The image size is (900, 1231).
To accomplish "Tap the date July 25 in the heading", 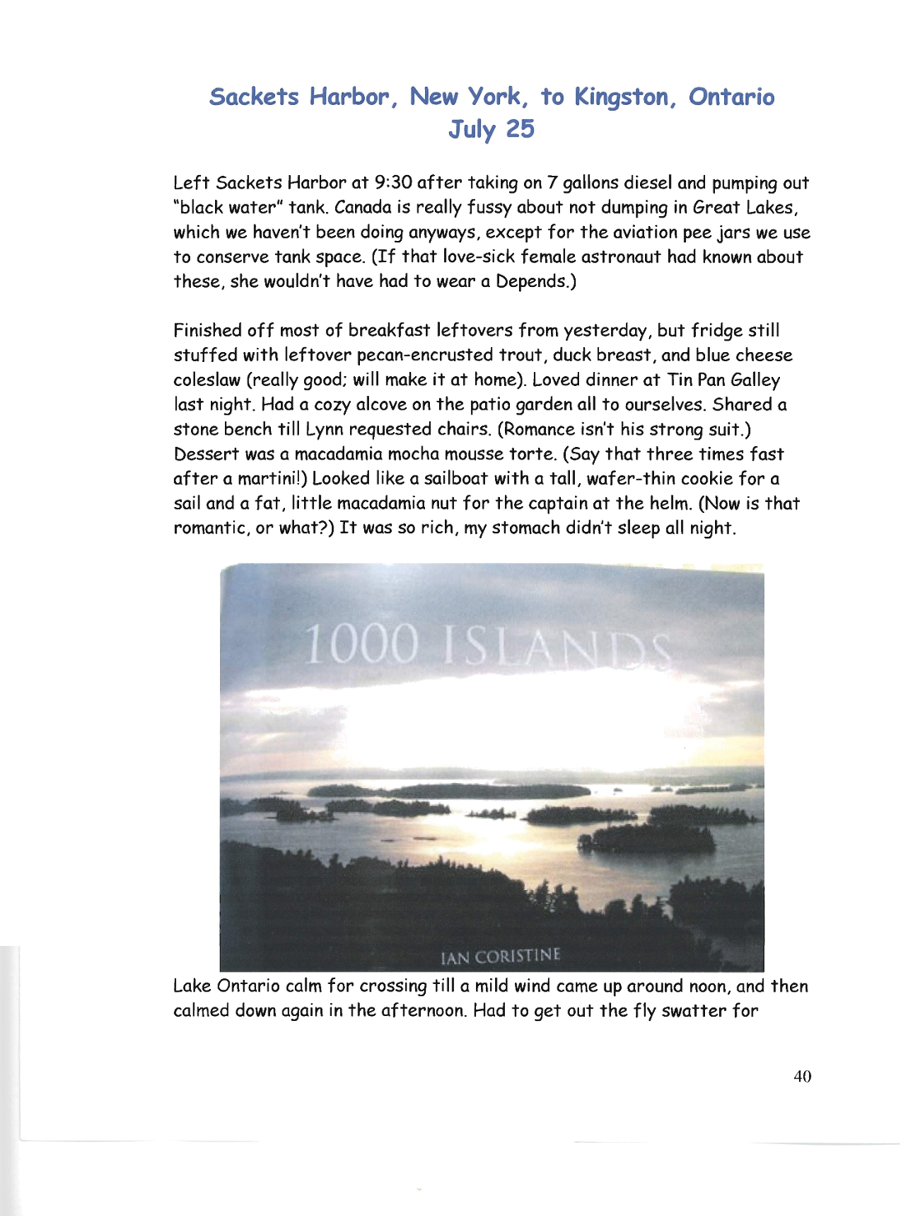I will pos(491,130).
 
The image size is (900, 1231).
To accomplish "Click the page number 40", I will pos(802,1077).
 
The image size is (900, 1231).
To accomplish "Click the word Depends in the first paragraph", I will pos(532,281).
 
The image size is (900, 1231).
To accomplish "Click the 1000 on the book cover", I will pos(362,645).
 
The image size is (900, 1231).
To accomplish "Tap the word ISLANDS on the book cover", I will pos(557,649).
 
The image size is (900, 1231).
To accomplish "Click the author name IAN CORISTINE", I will pos(501,956).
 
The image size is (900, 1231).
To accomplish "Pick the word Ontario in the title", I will pos(732,98).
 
